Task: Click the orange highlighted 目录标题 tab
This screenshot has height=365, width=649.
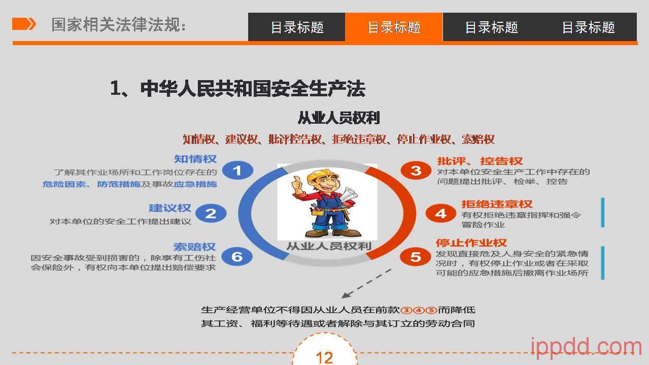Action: (x=394, y=27)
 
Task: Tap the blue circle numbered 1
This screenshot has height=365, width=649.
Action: (x=237, y=170)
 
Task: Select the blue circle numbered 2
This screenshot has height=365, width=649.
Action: (x=211, y=213)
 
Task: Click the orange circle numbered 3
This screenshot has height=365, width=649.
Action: (x=416, y=170)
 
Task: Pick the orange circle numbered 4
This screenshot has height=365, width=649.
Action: (x=440, y=213)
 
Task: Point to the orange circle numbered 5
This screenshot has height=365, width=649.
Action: (x=416, y=257)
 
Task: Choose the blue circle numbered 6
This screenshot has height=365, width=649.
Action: (x=237, y=257)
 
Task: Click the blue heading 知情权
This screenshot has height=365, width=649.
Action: (x=195, y=159)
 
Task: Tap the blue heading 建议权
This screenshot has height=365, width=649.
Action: (x=170, y=208)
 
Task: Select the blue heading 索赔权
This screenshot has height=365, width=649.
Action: (x=194, y=247)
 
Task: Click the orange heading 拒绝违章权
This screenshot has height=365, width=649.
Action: (x=497, y=204)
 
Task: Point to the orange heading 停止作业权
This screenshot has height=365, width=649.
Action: (x=471, y=242)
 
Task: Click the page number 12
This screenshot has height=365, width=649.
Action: (x=325, y=358)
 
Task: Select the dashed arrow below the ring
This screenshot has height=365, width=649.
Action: (x=366, y=284)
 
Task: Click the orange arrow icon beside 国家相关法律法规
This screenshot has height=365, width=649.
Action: (x=24, y=24)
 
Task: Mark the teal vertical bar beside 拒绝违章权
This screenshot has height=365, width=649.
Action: (x=603, y=212)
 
